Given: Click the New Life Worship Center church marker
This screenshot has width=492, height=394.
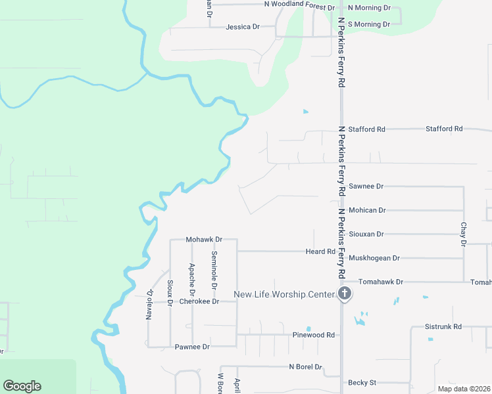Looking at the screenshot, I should click(x=344, y=294).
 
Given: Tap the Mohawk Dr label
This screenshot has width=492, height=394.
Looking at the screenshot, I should click(x=204, y=240).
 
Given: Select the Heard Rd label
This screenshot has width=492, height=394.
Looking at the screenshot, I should click(x=320, y=252).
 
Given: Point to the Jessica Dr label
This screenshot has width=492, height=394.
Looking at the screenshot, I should click(x=243, y=27).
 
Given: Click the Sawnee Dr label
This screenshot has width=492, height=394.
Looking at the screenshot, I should click(x=366, y=186).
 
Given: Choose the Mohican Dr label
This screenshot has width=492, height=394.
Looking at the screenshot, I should click(x=367, y=210).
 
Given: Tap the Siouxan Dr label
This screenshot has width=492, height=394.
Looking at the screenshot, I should click(x=366, y=234).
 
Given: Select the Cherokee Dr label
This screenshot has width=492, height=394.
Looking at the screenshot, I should click(x=197, y=302).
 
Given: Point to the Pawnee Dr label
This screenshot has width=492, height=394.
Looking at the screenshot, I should click(x=192, y=346).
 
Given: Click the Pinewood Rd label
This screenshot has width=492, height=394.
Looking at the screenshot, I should click(x=314, y=335).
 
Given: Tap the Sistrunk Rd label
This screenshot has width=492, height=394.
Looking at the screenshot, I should click(x=443, y=326).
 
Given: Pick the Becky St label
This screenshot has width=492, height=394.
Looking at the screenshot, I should click(x=362, y=382).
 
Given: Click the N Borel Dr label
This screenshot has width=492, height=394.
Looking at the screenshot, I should click(x=305, y=367).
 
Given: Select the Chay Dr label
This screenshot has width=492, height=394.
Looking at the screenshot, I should click(x=464, y=234).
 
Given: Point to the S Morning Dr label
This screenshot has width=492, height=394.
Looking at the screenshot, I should click(x=368, y=24).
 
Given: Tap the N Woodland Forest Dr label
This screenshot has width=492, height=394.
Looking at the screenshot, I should click(x=299, y=4).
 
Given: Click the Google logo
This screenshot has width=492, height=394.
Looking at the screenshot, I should click(x=22, y=386).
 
